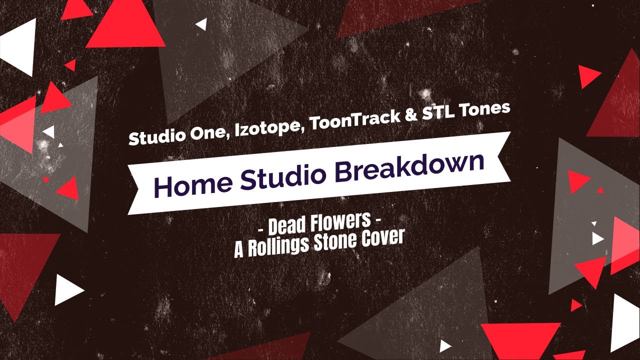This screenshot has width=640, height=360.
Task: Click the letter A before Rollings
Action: (239, 249)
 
